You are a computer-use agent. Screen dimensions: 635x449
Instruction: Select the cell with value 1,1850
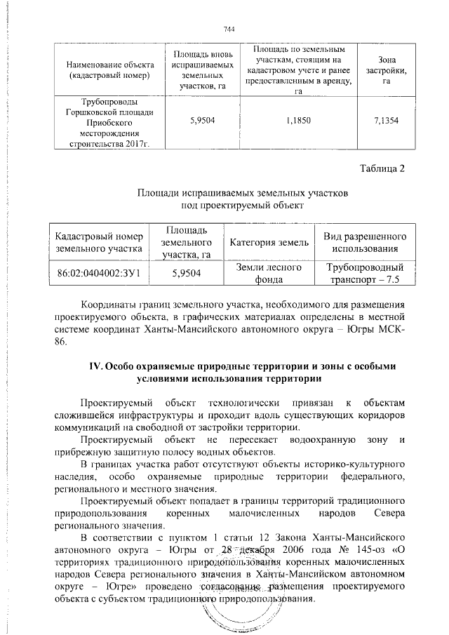296,121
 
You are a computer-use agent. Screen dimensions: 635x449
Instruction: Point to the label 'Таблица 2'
382,168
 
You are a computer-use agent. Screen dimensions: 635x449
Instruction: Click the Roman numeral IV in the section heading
94,366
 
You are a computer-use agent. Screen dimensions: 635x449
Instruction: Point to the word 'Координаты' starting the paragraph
109,306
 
